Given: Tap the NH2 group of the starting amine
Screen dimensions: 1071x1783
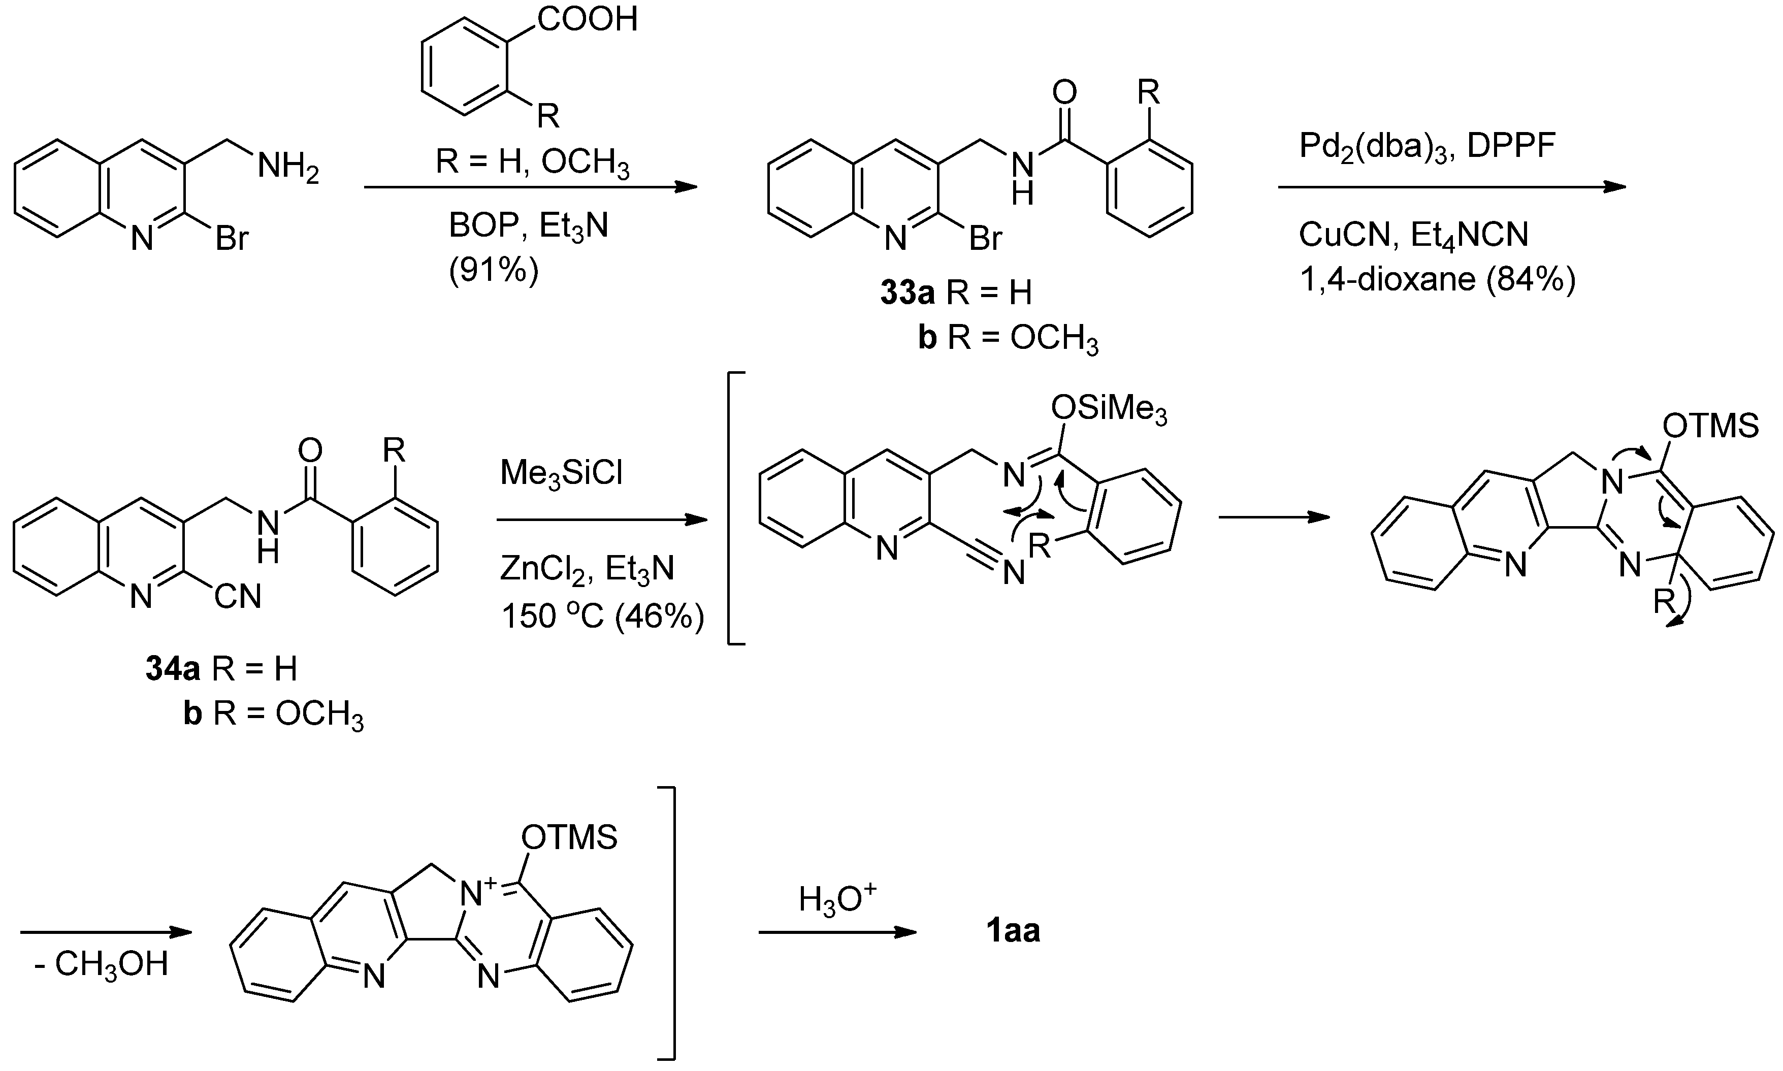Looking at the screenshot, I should point(288,168).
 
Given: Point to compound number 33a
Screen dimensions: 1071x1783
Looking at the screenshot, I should point(907,293).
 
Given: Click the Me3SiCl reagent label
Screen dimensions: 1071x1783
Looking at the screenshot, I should point(561,474).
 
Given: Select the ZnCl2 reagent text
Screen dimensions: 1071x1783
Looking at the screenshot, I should point(546,569).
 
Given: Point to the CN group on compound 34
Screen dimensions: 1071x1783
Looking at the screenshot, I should point(237,597).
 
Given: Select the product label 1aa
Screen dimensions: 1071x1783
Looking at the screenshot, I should point(1013,932).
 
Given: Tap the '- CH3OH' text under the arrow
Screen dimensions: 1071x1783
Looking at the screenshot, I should point(102,965).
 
